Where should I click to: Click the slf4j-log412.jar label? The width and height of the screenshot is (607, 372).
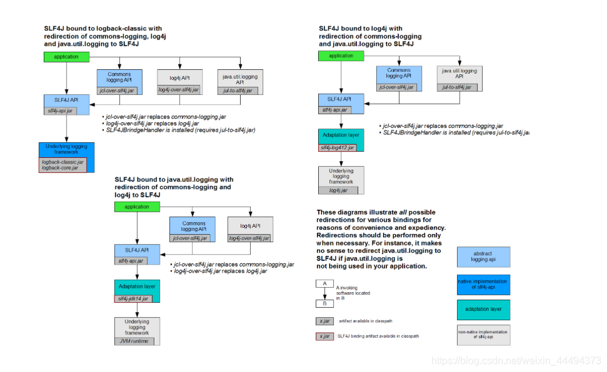(338, 148)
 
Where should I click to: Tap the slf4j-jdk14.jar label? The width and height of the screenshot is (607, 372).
(133, 299)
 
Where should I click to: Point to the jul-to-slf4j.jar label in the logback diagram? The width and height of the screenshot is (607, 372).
(238, 91)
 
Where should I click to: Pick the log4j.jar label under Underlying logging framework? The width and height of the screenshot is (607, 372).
(338, 190)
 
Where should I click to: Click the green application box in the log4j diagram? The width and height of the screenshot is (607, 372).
(341, 56)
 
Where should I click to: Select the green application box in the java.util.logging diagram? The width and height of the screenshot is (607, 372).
(137, 207)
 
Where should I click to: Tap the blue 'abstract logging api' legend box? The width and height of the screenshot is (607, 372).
(483, 257)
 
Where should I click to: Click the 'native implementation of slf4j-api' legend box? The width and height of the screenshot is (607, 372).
(483, 285)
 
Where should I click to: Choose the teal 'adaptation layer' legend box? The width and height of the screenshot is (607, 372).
(483, 310)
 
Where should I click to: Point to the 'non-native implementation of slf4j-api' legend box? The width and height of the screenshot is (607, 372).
(483, 335)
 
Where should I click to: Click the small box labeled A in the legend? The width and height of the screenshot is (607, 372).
(324, 283)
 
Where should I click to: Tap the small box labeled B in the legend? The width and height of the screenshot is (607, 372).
(324, 304)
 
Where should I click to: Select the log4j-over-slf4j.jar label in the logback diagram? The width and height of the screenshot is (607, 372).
(179, 91)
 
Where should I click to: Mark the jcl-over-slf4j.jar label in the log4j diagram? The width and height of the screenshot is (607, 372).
(398, 87)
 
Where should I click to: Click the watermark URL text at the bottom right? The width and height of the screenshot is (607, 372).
(517, 361)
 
